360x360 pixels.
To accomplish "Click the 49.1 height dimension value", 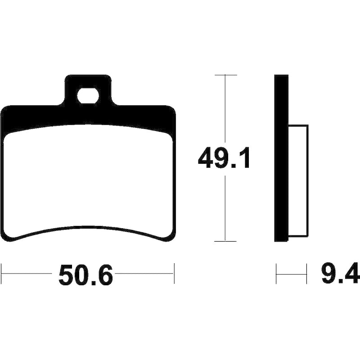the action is pos(224,158).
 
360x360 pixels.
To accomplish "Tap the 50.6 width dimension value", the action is pos(86,274).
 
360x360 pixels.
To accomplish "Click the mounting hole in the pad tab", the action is pos(88,96).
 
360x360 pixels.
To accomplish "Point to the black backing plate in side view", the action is pos(281,158).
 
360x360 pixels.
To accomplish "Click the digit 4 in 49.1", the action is pos(206,158).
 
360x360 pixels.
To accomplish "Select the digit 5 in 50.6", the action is pos(66,274).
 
